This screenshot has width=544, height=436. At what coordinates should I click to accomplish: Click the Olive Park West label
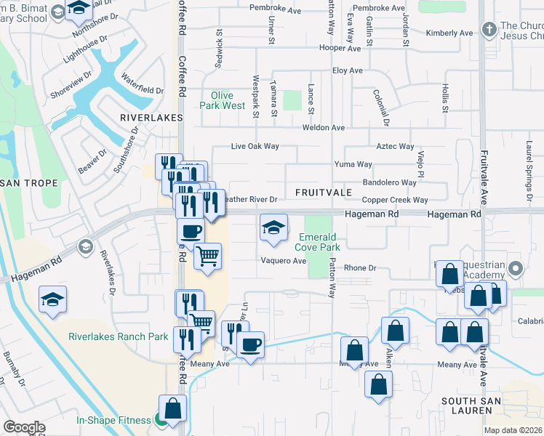(x=223, y=100)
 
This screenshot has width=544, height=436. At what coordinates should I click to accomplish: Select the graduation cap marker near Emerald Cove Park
(x=273, y=229)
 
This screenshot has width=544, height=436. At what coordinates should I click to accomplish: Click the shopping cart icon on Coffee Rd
(x=208, y=257)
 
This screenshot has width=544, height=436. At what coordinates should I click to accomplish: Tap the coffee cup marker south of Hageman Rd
(x=191, y=232)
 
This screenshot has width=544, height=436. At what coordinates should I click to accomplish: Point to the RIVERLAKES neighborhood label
(x=145, y=116)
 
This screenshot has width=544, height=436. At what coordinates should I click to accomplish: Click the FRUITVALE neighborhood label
(x=324, y=193)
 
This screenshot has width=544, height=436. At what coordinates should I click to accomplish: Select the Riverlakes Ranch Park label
(x=119, y=336)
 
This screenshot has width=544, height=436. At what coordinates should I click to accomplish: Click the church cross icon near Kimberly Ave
(x=489, y=29)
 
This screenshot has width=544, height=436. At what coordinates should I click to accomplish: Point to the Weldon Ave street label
(x=328, y=127)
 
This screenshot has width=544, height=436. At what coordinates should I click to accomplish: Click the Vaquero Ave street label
(x=284, y=261)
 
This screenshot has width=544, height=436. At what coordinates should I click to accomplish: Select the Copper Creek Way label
(x=395, y=200)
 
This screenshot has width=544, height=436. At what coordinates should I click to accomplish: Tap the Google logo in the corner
(x=24, y=427)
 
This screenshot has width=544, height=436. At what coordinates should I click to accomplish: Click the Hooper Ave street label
(x=344, y=48)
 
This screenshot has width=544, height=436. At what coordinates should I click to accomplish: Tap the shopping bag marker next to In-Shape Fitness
(x=173, y=408)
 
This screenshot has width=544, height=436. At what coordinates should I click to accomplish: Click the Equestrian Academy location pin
(x=516, y=269)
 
